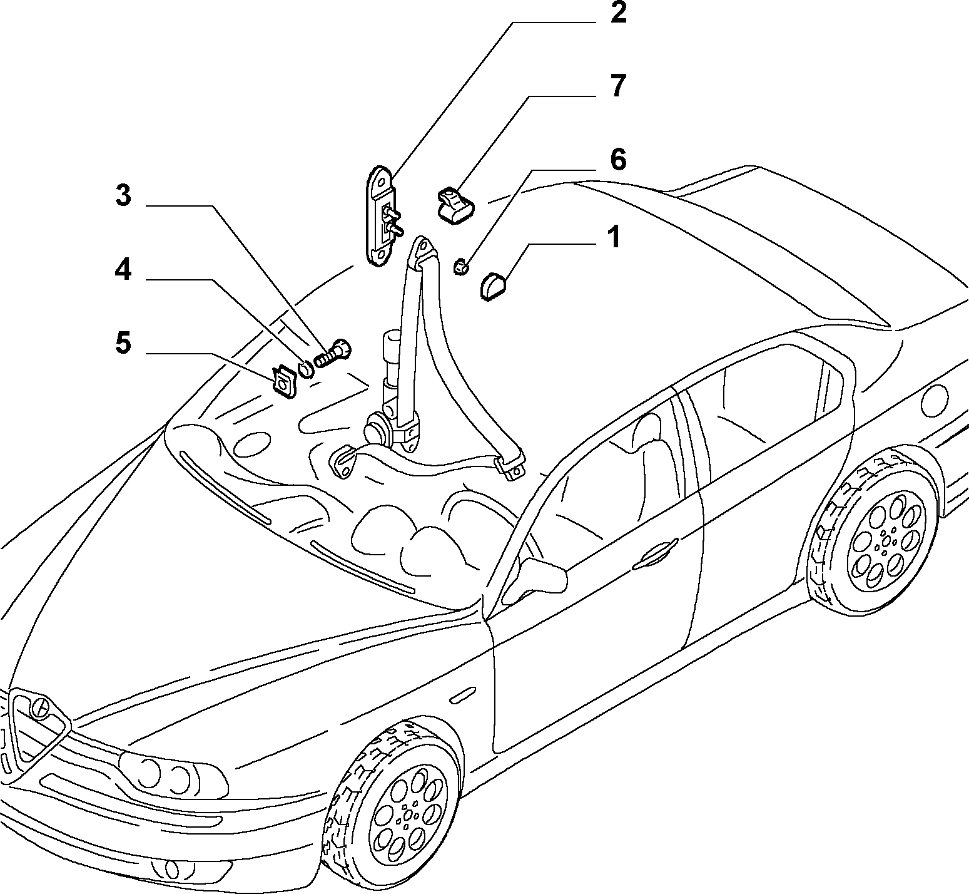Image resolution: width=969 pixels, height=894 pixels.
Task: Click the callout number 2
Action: point(617,13)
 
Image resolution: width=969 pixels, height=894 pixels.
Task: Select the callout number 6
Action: point(617,160)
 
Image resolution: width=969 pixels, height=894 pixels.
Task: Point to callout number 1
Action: point(615,237)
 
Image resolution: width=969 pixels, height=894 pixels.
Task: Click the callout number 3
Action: point(123,196)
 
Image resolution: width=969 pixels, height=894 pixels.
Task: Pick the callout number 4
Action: point(123,270)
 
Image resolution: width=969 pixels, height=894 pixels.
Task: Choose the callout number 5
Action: point(123,343)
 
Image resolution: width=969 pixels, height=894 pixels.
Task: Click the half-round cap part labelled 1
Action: point(494,285)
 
